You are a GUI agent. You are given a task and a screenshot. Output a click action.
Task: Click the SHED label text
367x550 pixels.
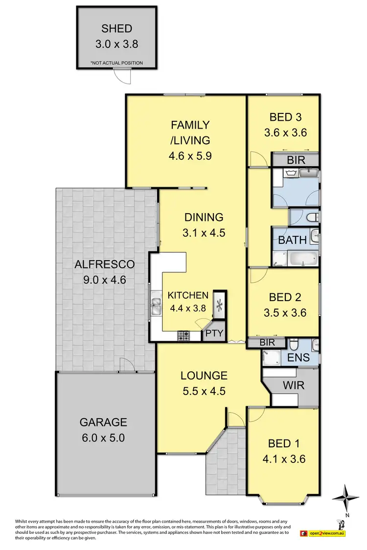[x=116, y=28]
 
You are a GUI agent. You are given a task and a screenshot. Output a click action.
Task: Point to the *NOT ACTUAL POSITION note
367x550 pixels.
[x=116, y=63]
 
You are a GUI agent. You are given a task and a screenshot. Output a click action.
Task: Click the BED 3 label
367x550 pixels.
[x=285, y=117]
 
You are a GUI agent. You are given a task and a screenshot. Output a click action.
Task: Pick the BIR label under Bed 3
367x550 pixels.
[x=296, y=160]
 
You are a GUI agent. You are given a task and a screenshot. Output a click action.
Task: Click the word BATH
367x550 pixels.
[x=293, y=240]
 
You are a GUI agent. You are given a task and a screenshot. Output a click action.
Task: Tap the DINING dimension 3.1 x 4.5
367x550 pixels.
[x=204, y=233]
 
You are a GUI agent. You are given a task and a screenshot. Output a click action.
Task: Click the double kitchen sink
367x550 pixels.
[x=157, y=307]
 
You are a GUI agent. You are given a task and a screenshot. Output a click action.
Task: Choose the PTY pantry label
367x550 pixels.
[x=214, y=334]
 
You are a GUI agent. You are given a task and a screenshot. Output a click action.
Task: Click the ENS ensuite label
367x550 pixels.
[x=298, y=357]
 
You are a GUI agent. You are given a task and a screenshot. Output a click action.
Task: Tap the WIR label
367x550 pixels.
[x=293, y=385]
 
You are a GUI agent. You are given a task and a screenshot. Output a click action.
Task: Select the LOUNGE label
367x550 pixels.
[x=204, y=375]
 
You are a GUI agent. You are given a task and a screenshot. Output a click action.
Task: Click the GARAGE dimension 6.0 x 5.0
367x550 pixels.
[x=103, y=438]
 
